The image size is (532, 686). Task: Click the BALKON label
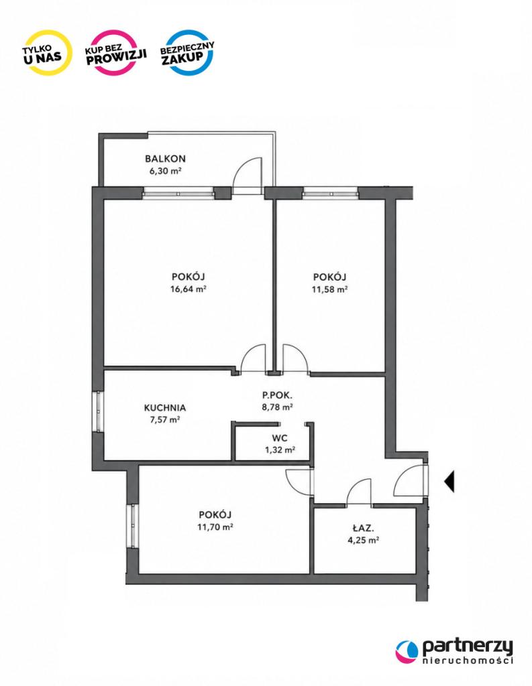click(x=165, y=158)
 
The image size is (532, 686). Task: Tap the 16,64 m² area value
click(x=189, y=289)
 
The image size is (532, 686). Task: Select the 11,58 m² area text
click(x=329, y=289)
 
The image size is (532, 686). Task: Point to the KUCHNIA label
click(x=165, y=408)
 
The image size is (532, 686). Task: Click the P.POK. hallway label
click(x=277, y=395)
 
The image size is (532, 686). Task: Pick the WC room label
click(x=280, y=438)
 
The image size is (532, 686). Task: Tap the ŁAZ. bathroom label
click(x=364, y=528)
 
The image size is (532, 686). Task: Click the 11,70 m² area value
click(x=215, y=527)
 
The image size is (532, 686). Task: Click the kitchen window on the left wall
click(x=99, y=412)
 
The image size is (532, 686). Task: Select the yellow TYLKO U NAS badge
click(x=48, y=52)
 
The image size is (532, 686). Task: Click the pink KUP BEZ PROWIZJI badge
click(x=115, y=53)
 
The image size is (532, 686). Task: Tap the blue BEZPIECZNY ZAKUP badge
click(x=188, y=52)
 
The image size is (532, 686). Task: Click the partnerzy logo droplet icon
click(x=407, y=651)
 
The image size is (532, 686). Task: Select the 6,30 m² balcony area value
click(x=165, y=171)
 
